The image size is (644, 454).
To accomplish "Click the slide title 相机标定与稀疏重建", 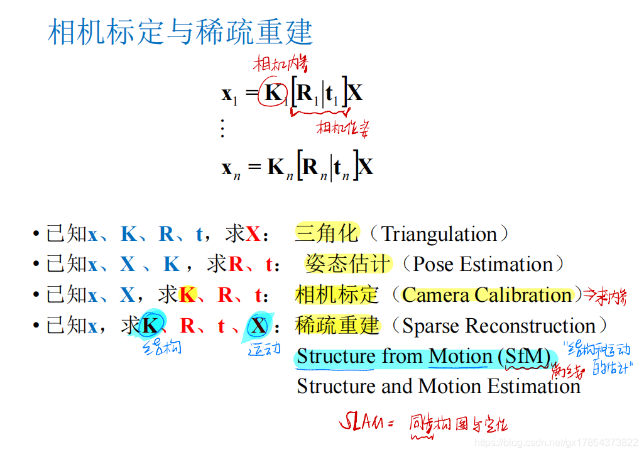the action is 180,31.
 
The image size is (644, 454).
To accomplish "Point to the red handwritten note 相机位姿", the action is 342,128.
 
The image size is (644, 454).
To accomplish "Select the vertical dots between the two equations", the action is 222,128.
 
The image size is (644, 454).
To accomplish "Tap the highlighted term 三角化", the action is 326,234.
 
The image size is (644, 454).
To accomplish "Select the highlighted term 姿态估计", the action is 347,264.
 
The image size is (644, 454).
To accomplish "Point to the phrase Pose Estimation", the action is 482,265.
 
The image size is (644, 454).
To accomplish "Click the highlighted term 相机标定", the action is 337,294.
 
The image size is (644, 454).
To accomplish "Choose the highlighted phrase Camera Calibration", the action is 487,295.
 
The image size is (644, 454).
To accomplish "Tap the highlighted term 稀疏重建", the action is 337,325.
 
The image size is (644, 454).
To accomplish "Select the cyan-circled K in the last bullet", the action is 150,326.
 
